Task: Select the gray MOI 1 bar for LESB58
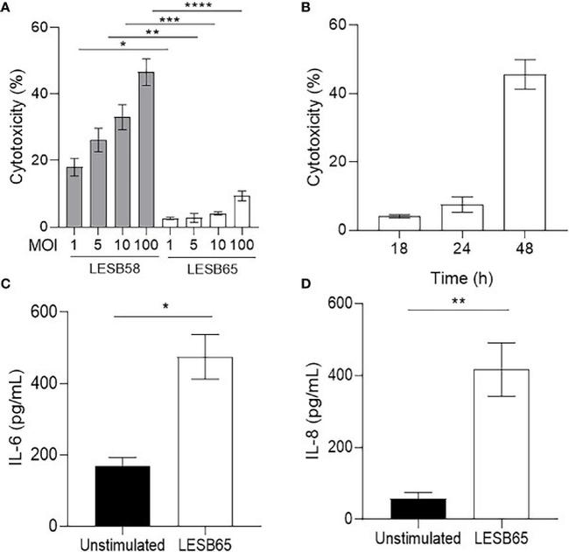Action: (x=74, y=198)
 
